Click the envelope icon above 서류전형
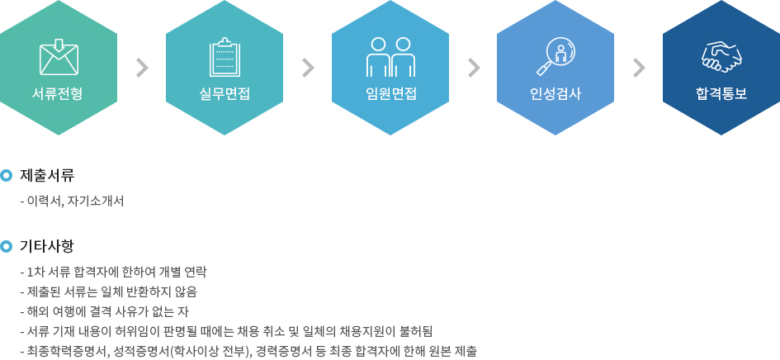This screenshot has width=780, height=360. (59, 57)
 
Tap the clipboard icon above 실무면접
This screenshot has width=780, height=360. (225, 57)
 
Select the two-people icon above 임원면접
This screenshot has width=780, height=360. (390, 57)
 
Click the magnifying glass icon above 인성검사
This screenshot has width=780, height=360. (555, 57)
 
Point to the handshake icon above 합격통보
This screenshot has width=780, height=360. (721, 57)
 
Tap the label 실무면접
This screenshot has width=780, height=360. (225, 93)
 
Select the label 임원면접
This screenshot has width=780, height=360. (390, 93)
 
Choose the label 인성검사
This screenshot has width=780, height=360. (555, 93)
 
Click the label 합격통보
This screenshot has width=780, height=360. (721, 93)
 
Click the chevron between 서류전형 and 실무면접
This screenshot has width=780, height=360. (142, 69)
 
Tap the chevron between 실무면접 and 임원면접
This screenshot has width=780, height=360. (308, 69)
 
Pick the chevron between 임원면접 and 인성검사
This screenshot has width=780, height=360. (474, 69)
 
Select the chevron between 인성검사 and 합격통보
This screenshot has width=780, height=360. (639, 69)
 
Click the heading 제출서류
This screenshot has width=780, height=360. (47, 175)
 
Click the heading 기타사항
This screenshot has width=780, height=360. (47, 246)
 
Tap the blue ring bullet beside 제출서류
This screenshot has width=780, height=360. (6, 175)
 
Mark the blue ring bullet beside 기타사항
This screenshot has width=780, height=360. (6, 246)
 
